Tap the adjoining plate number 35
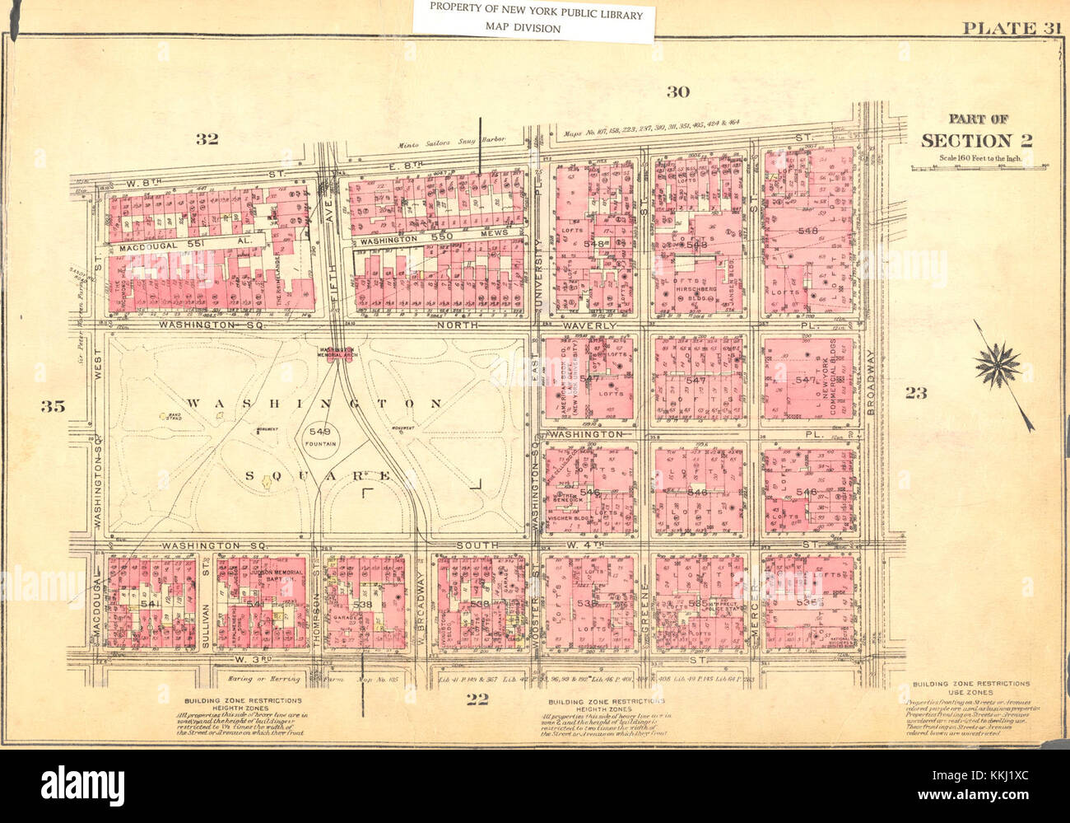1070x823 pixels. [x=53, y=405]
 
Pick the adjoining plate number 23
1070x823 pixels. [x=915, y=393]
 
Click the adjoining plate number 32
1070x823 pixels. [x=206, y=138]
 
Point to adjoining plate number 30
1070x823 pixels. [x=677, y=91]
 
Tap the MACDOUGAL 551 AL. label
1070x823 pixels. [x=179, y=246]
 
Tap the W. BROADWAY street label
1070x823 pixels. [x=420, y=601]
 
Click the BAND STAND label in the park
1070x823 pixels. [x=174, y=417]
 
